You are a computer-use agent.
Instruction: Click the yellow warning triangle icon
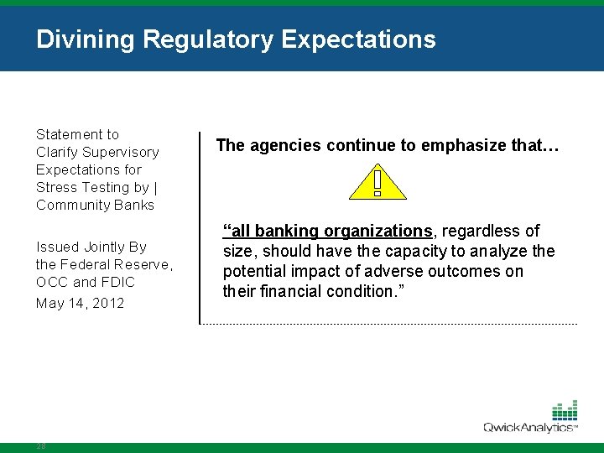377,182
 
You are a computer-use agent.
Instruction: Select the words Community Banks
95,205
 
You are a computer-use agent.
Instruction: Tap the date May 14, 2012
80,303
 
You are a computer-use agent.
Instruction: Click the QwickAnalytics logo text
528,428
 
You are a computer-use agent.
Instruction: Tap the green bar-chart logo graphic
564,410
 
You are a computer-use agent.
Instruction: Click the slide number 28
41,446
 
